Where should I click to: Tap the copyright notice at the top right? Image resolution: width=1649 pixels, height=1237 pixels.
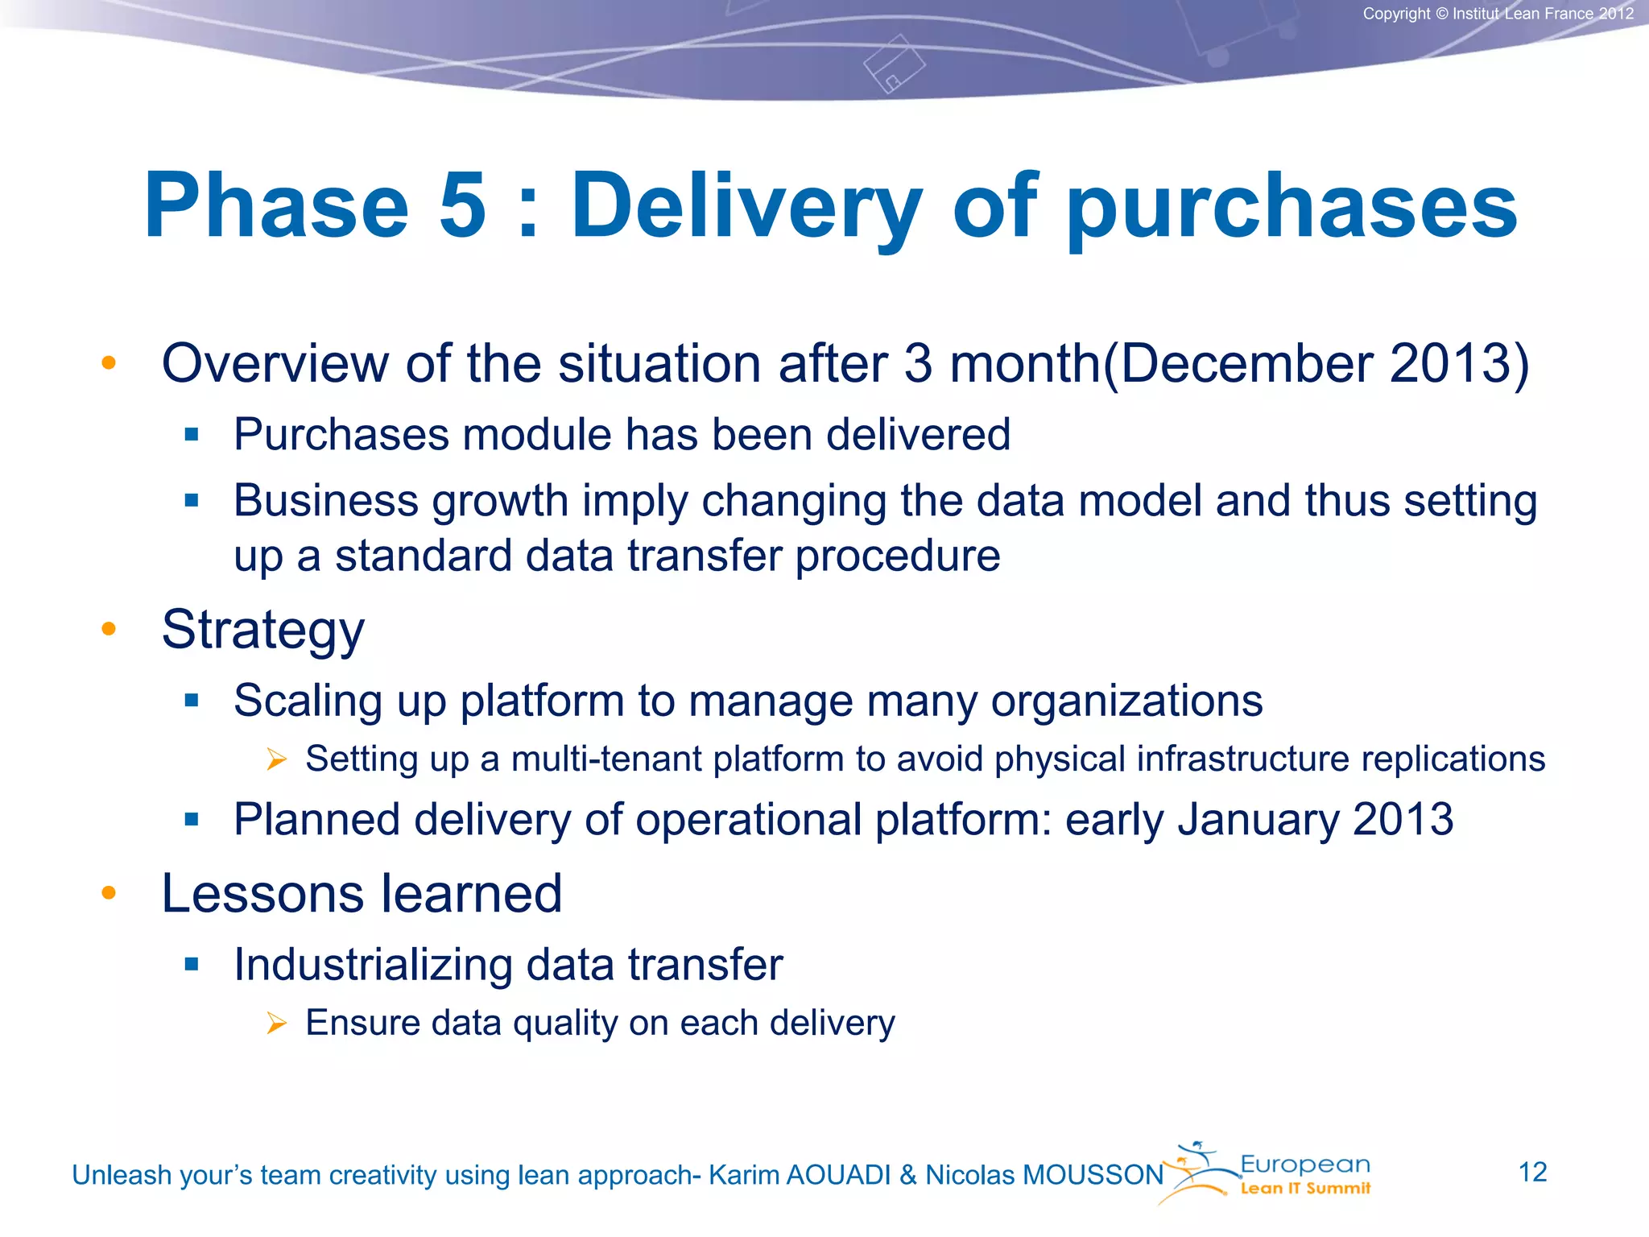(1498, 14)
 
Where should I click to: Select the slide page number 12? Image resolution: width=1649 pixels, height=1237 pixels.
(1532, 1172)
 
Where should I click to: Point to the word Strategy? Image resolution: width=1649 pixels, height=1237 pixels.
(262, 631)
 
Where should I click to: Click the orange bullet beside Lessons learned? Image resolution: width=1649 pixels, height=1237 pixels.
(109, 892)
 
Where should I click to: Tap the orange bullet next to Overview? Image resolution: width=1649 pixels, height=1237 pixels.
(109, 362)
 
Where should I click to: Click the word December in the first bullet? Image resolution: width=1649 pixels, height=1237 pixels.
(1246, 364)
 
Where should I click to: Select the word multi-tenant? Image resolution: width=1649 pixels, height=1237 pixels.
(605, 759)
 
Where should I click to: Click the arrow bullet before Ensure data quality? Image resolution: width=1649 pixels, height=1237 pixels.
(276, 1023)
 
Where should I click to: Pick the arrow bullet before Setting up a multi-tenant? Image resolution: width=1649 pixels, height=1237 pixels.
(276, 759)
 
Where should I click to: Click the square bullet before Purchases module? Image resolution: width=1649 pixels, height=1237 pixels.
(191, 435)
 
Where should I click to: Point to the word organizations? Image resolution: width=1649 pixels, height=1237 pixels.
(1126, 701)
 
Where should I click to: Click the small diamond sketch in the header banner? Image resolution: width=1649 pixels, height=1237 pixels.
(895, 64)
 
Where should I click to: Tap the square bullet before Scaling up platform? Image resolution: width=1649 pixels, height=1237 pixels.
(191, 700)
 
